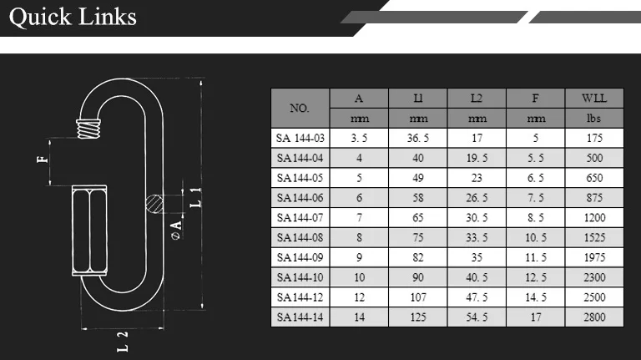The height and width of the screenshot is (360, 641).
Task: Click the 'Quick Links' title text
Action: click(73, 18)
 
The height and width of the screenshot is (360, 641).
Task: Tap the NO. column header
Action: click(300, 108)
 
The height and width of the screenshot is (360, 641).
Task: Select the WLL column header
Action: click(594, 99)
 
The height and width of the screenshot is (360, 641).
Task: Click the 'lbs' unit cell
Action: click(594, 119)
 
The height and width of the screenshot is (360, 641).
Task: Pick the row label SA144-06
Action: click(300, 198)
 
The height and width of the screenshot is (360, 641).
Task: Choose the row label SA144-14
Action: click(300, 317)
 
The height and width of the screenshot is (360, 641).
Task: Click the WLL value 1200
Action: click(594, 218)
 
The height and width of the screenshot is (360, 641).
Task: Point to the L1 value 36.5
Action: click(418, 139)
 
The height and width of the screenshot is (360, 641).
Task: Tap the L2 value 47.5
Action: click(477, 297)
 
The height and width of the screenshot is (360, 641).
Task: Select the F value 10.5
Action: click(536, 238)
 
